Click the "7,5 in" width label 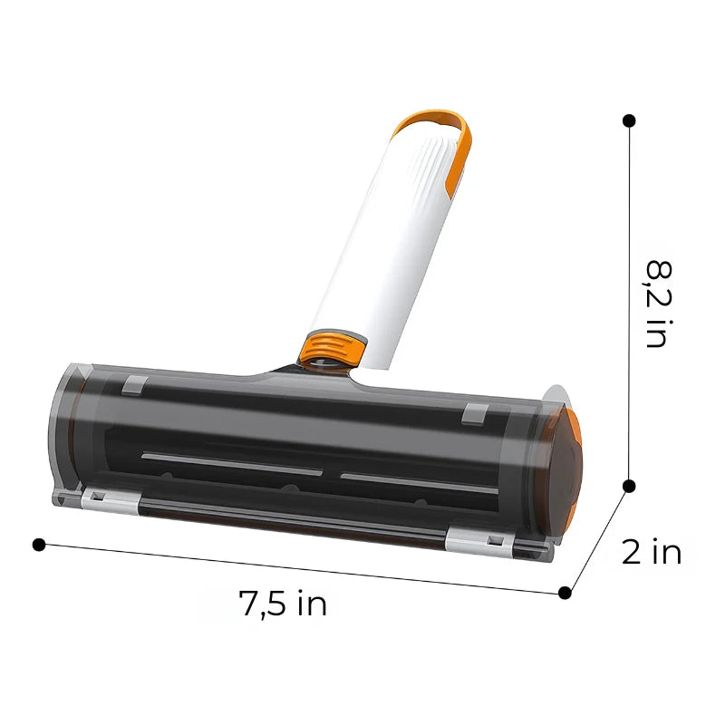(283, 603)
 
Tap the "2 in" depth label (651, 552)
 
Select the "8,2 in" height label (656, 304)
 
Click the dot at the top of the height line (629, 120)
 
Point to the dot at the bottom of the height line (629, 486)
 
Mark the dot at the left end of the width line (38, 544)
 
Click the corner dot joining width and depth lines (565, 593)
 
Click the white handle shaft (381, 254)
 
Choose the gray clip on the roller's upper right (471, 413)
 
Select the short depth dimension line (596, 540)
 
